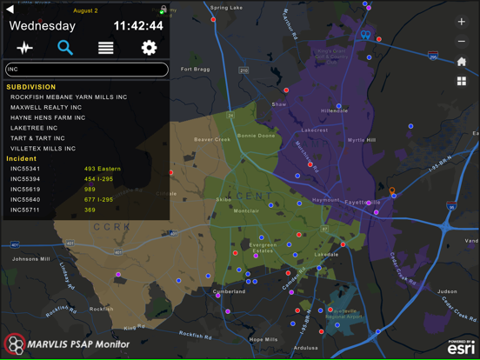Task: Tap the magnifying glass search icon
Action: (x=64, y=48)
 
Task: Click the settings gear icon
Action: (x=149, y=48)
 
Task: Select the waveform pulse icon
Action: (x=24, y=48)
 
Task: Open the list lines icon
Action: (x=106, y=48)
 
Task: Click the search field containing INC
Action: (x=86, y=70)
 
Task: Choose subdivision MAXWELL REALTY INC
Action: (x=47, y=107)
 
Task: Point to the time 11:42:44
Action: (x=138, y=26)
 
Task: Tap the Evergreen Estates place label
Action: (x=263, y=249)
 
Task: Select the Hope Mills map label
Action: (x=263, y=339)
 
